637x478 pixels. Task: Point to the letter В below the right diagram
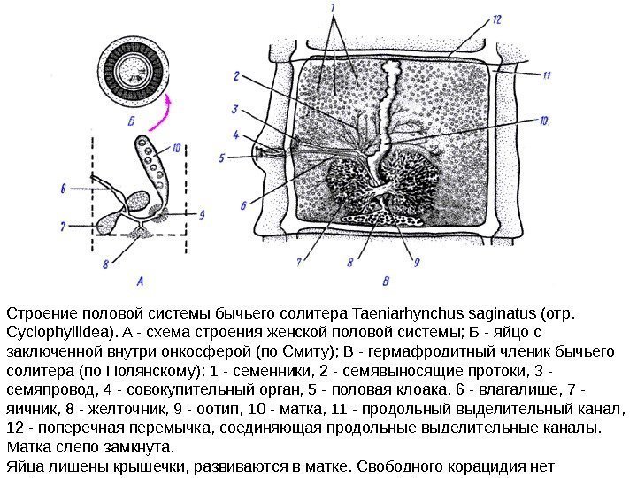pos(384,281)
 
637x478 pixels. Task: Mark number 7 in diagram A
pos(63,227)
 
